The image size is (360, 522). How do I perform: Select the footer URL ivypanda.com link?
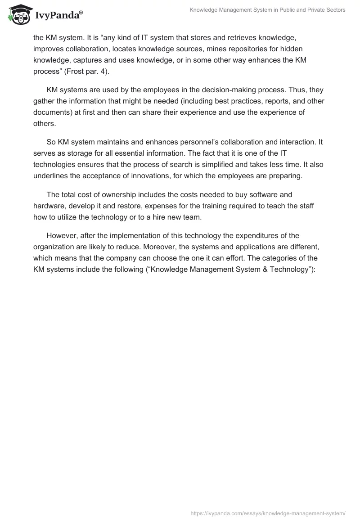268,513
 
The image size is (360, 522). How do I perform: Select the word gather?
44,101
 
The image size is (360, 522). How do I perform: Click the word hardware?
49,206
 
